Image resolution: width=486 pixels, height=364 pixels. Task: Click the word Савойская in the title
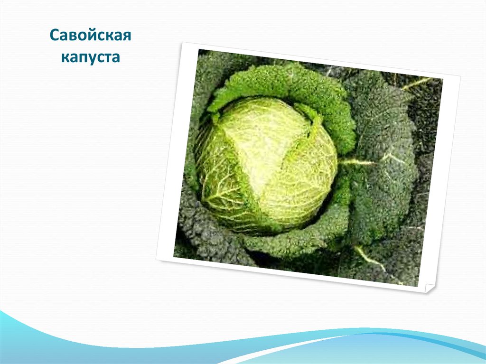(91, 35)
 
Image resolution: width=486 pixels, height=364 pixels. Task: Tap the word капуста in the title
(91, 58)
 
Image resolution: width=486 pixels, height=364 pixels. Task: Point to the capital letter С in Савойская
(55, 35)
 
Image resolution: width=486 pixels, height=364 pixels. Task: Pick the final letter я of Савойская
(126, 37)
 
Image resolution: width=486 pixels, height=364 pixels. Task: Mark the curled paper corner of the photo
(429, 289)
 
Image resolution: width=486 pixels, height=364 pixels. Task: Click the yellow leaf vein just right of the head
(356, 161)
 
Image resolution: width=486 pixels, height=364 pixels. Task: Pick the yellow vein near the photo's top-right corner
(417, 83)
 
